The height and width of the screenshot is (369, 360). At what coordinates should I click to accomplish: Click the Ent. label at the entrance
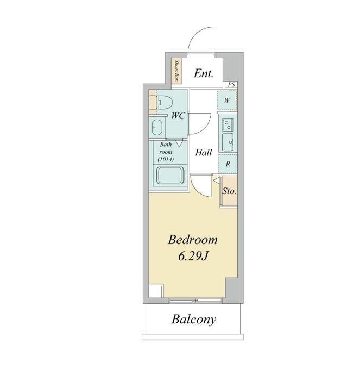pyautogui.click(x=204, y=73)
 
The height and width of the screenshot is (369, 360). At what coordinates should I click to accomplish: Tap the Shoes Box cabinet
pyautogui.click(x=176, y=71)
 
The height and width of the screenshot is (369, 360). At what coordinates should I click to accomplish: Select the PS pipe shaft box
pyautogui.click(x=231, y=84)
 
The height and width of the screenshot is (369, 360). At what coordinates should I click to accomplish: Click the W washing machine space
pyautogui.click(x=227, y=101)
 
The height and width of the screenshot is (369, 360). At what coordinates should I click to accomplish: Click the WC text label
pyautogui.click(x=178, y=116)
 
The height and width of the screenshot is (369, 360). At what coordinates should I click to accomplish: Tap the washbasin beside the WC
pyautogui.click(x=156, y=127)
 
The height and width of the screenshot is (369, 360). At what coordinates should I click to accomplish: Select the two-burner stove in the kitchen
pyautogui.click(x=228, y=125)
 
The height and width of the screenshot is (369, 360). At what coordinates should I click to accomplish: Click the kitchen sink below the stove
pyautogui.click(x=228, y=142)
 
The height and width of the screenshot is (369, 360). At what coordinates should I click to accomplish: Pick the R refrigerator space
pyautogui.click(x=228, y=164)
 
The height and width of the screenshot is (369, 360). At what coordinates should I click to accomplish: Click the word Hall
pyautogui.click(x=204, y=153)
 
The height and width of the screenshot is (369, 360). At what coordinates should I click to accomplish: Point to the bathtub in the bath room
pyautogui.click(x=170, y=176)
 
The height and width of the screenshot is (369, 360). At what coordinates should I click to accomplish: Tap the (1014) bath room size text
pyautogui.click(x=166, y=159)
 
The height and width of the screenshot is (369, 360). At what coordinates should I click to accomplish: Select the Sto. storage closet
pyautogui.click(x=230, y=191)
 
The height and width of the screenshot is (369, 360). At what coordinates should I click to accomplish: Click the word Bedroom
pyautogui.click(x=193, y=240)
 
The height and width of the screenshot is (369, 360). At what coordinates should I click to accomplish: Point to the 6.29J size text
pyautogui.click(x=193, y=257)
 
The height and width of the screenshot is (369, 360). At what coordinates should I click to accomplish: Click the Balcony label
pyautogui.click(x=194, y=320)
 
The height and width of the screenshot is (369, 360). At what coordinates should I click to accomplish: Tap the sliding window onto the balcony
pyautogui.click(x=195, y=301)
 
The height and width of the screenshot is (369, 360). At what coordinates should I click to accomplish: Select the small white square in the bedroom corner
pyautogui.click(x=156, y=291)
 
